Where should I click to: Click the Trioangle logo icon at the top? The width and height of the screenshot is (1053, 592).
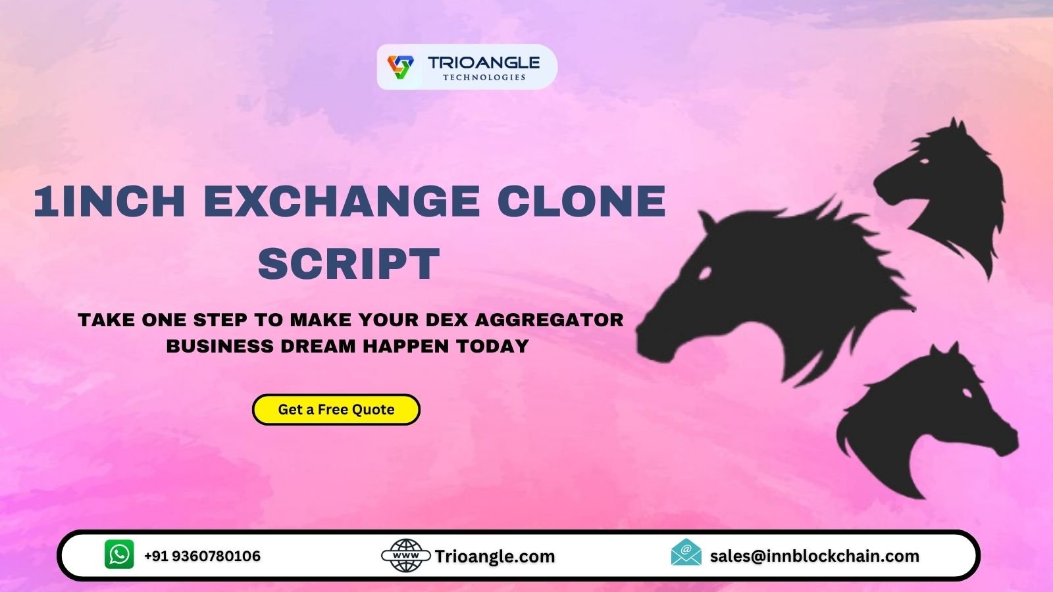tap(400, 66)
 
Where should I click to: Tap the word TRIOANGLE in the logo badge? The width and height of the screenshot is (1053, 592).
tap(484, 62)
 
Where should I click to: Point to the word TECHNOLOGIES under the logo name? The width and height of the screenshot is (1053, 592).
tap(484, 78)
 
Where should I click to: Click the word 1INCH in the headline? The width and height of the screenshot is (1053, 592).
tap(109, 201)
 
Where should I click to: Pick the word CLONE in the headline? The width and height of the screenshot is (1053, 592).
tap(581, 201)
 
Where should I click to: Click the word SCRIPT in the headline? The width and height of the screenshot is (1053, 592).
tap(349, 264)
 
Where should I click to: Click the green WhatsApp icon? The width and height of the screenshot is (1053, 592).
tap(119, 555)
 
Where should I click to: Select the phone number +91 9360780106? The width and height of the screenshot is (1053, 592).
tap(202, 556)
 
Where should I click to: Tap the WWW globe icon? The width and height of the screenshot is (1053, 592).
tap(406, 556)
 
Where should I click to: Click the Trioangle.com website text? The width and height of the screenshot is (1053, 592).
tap(495, 556)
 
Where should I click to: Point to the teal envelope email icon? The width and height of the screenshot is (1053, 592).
tap(686, 553)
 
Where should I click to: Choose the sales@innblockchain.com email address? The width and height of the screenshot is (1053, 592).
tap(814, 556)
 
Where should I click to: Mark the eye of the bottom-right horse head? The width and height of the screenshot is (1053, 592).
tap(968, 393)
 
